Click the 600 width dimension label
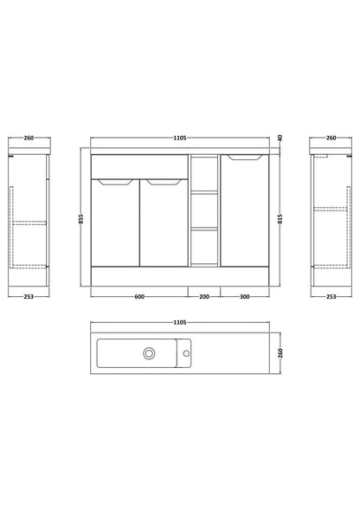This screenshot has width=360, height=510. point(138,297)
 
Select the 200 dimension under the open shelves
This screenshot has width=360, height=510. point(204,297)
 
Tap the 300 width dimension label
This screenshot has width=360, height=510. point(245,297)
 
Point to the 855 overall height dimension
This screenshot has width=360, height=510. point(81,218)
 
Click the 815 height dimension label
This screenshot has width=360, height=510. point(280,219)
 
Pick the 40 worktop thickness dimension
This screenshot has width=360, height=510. point(280,138)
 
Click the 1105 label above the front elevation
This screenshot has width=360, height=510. point(179,138)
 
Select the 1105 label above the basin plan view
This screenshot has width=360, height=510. point(179,322)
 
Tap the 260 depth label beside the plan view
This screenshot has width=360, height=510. point(280,353)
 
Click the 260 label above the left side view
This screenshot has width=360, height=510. point(29,138)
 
